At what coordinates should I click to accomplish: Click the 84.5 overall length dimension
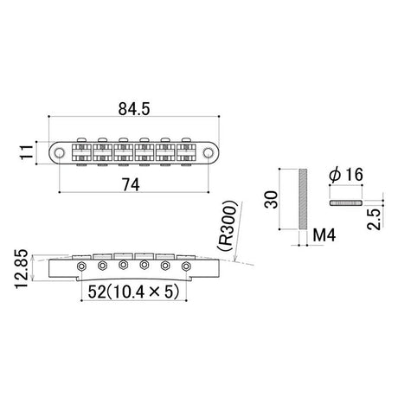click(x=134, y=109)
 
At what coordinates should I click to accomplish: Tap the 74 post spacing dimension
click(x=131, y=184)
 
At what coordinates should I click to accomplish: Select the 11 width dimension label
click(x=27, y=152)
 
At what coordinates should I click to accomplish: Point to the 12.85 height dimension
click(x=21, y=269)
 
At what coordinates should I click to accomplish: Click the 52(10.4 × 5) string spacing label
click(x=133, y=292)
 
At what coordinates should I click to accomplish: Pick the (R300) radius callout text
click(x=228, y=225)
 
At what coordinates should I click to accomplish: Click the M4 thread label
click(x=324, y=235)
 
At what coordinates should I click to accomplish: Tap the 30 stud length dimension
click(x=272, y=199)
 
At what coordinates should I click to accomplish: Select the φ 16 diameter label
click(x=346, y=175)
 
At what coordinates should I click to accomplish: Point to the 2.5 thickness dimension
click(x=375, y=219)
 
